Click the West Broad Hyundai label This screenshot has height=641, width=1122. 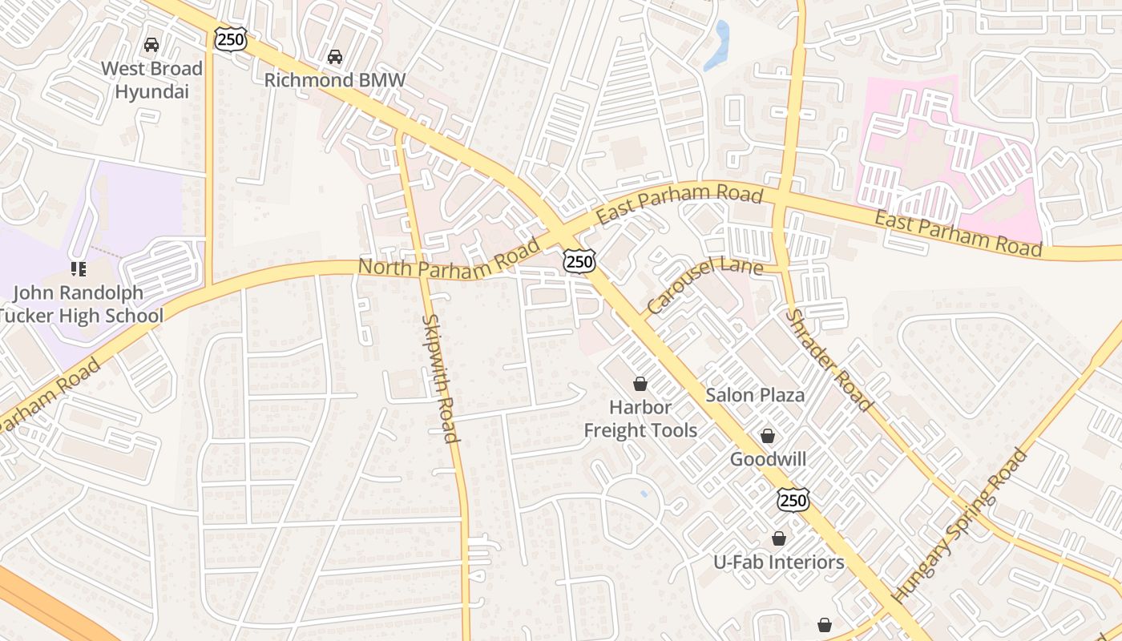[151, 80]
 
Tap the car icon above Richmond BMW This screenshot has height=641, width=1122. [335, 57]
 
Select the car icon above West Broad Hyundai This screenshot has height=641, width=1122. [151, 45]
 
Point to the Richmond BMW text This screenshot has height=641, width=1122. [335, 80]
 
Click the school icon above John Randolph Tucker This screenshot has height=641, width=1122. [79, 268]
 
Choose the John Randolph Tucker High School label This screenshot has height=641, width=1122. [80, 304]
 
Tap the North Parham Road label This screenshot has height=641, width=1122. [449, 259]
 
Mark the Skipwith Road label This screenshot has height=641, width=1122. [441, 378]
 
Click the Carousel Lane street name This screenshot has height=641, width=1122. [703, 282]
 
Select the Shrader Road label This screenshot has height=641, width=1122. [827, 360]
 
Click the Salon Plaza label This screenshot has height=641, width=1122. [755, 395]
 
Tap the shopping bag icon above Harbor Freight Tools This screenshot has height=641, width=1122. [640, 384]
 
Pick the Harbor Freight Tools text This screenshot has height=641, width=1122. [640, 419]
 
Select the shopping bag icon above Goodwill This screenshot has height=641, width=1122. [768, 436]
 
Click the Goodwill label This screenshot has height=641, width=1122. [768, 460]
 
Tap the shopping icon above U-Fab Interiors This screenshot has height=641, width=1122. [778, 538]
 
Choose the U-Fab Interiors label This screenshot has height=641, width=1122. [779, 562]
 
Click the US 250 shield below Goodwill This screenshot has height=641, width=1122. [793, 500]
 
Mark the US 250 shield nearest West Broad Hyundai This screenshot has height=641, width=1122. [230, 38]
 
